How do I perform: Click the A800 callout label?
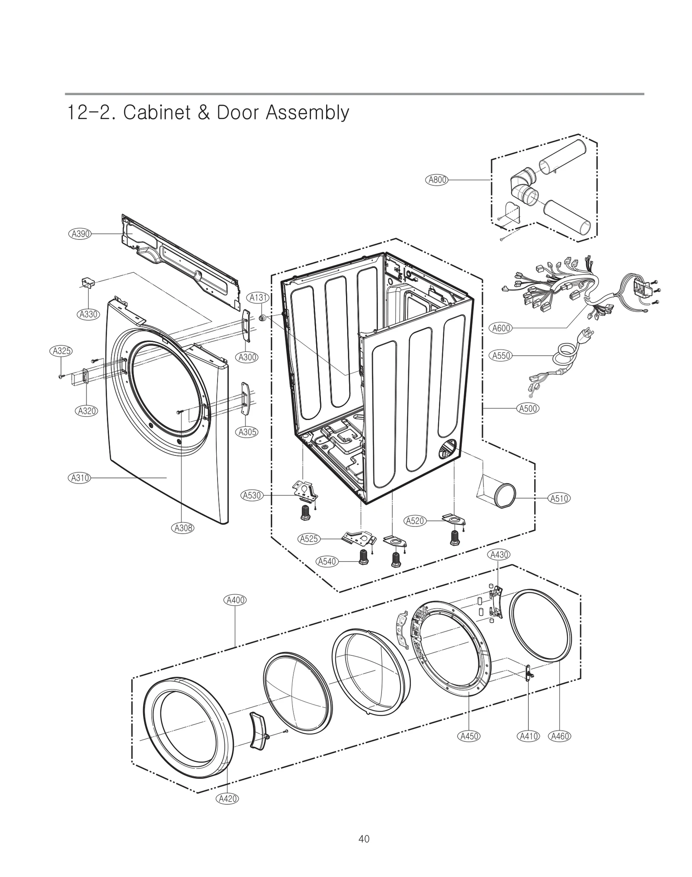(x=437, y=180)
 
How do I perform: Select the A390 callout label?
(x=80, y=234)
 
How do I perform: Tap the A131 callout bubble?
(x=258, y=297)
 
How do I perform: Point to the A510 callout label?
(x=559, y=498)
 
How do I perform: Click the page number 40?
(x=364, y=839)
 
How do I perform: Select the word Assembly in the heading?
(x=307, y=113)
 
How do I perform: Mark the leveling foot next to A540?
(x=364, y=557)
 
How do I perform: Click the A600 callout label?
(x=502, y=328)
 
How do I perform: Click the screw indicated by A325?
(x=61, y=377)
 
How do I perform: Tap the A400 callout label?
(x=235, y=600)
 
